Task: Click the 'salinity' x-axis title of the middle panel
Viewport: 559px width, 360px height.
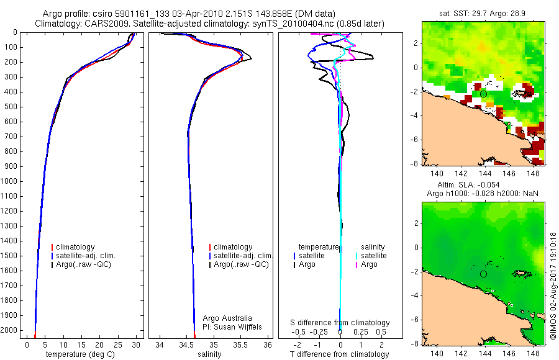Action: click(x=209, y=354)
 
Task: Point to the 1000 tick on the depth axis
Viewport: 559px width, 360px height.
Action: click(x=11, y=181)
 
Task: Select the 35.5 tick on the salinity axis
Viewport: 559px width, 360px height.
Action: click(x=241, y=344)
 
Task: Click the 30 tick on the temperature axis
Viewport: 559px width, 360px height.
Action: click(x=135, y=344)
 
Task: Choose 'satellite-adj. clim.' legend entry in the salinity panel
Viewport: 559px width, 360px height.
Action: click(x=243, y=256)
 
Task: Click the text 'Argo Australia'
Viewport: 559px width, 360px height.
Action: click(x=227, y=318)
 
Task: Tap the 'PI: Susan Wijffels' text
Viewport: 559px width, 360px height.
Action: click(x=233, y=326)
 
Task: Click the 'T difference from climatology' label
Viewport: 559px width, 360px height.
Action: click(x=340, y=354)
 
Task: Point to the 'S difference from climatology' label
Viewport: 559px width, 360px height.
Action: click(x=340, y=323)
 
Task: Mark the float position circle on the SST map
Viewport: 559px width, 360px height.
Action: click(x=483, y=94)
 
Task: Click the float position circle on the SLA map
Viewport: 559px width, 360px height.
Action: click(x=483, y=274)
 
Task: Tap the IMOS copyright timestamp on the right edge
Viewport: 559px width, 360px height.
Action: click(x=553, y=286)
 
